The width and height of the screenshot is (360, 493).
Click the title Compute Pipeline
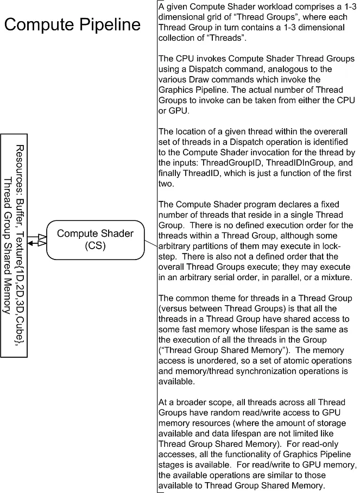tap(72, 24)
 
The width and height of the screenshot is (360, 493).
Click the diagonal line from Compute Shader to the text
tap(151, 244)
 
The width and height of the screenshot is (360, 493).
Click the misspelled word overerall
tap(315, 142)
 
